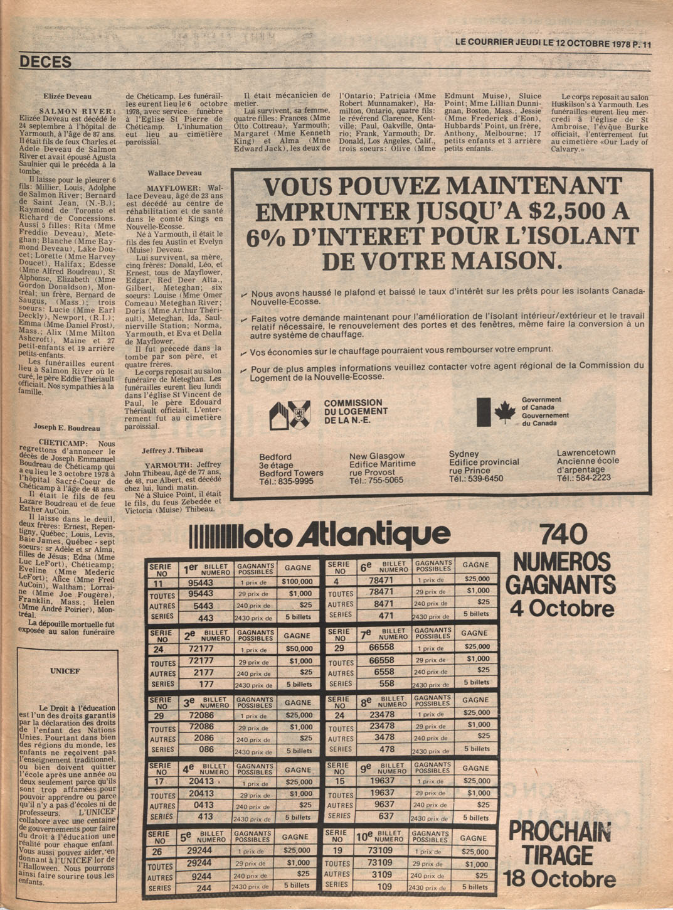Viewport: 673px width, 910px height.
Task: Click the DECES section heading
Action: (45, 62)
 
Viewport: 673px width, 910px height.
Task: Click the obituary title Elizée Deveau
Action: (68, 97)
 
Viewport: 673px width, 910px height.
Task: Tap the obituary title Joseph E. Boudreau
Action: (67, 428)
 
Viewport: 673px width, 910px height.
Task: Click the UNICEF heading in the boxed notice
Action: (65, 671)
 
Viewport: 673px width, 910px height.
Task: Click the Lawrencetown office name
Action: (586, 452)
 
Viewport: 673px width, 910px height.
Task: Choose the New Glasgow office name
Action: (377, 456)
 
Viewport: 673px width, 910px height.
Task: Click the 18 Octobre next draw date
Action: (559, 879)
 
